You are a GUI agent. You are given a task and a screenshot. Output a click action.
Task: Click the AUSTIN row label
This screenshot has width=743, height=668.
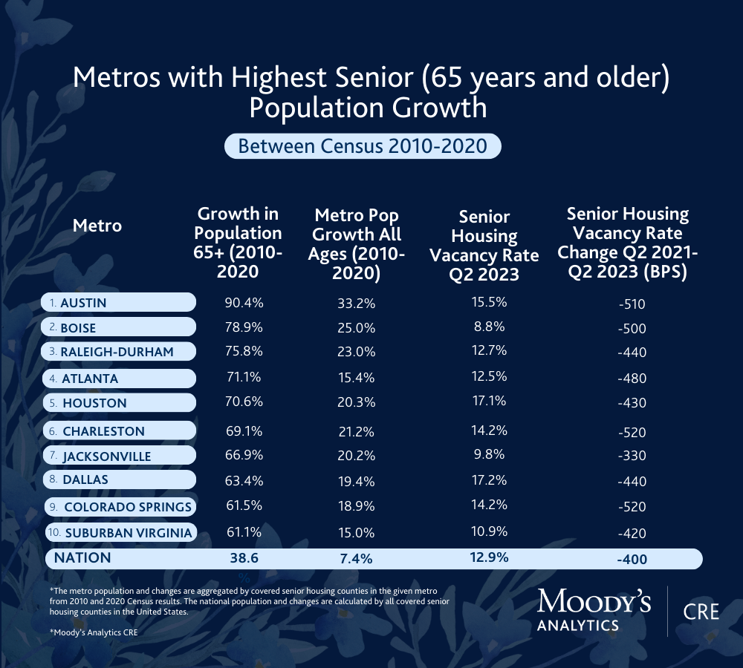tap(83, 303)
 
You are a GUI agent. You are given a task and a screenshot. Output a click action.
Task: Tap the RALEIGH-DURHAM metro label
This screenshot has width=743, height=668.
tap(117, 352)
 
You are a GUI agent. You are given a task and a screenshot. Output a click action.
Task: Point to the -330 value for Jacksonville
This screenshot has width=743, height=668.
tap(632, 456)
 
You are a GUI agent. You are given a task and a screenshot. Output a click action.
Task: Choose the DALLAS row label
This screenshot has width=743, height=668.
tap(85, 479)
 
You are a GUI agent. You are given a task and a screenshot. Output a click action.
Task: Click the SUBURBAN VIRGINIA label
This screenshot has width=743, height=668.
tap(128, 533)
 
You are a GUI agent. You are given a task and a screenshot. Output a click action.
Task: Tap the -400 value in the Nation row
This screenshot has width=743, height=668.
tap(632, 560)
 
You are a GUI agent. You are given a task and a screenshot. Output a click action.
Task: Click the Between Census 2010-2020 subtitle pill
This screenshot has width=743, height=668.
tap(363, 145)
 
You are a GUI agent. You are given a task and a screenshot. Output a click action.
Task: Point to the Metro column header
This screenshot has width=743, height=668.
tap(97, 225)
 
